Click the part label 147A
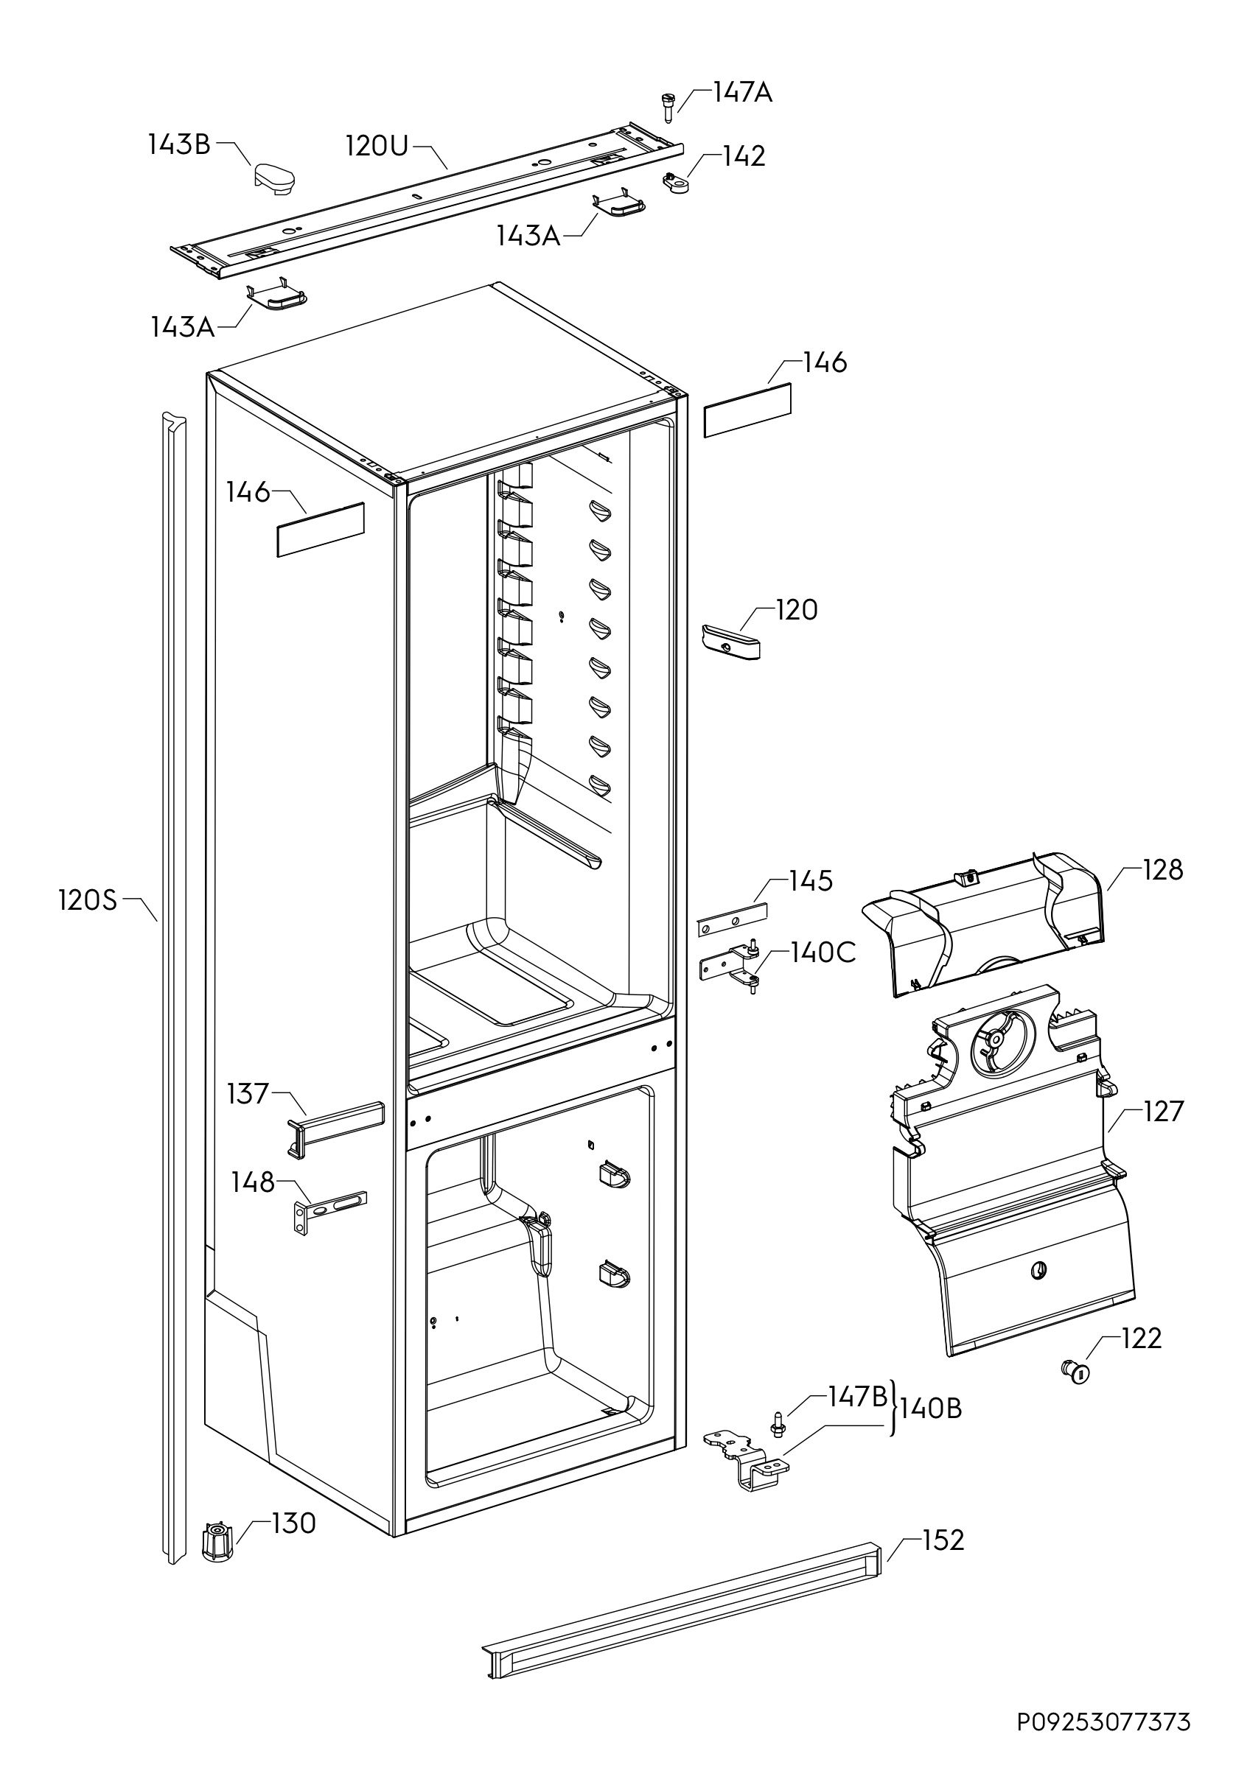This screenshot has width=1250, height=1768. click(x=741, y=93)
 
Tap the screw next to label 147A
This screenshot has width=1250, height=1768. click(x=667, y=106)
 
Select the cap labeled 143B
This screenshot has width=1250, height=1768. click(x=275, y=177)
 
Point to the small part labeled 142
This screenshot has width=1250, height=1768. click(x=675, y=183)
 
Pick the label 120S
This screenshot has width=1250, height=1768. click(x=88, y=900)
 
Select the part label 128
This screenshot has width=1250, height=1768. click(x=1163, y=870)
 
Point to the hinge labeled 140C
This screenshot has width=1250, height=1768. click(x=731, y=966)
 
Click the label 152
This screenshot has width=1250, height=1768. click(x=943, y=1541)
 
